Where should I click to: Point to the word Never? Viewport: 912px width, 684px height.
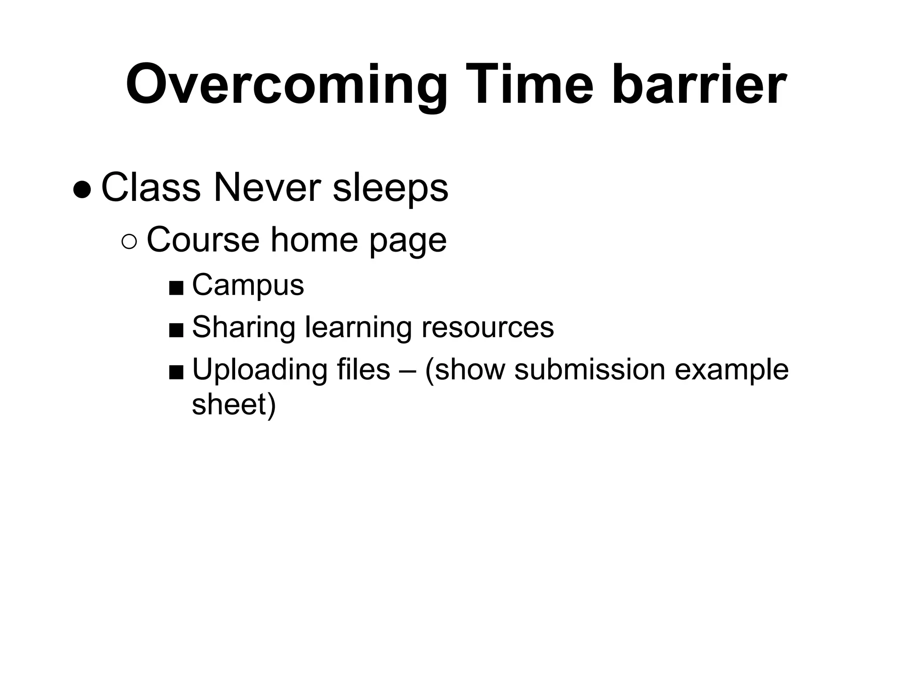click(x=267, y=188)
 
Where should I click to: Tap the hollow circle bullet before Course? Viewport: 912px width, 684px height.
click(x=130, y=242)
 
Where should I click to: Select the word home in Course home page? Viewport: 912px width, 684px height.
click(x=314, y=240)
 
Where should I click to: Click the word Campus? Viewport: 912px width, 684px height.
click(x=248, y=285)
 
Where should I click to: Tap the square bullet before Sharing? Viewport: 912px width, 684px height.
click(x=176, y=330)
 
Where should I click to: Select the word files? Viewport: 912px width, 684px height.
click(x=363, y=370)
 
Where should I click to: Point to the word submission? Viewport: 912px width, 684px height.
click(x=590, y=370)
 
